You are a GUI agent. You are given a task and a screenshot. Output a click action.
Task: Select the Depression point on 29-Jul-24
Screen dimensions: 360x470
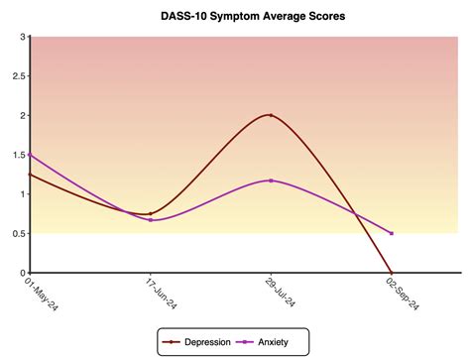point(271,115)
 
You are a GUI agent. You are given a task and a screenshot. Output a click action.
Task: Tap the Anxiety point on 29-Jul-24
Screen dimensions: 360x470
point(271,180)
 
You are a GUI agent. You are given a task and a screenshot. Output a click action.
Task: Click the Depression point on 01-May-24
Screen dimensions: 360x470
point(30,174)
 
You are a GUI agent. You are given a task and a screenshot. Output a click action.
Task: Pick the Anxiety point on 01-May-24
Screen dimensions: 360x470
point(30,155)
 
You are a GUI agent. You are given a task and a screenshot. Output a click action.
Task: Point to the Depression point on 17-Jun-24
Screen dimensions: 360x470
point(150,213)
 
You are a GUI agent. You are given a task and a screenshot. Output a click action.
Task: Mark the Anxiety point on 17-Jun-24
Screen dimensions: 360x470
point(150,219)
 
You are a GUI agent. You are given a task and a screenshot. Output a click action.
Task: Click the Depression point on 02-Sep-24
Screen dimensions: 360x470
point(392,272)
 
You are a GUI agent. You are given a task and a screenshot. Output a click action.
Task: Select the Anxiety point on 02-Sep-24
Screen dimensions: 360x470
point(392,233)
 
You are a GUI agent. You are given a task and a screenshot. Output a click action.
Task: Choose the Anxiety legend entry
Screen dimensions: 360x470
point(265,341)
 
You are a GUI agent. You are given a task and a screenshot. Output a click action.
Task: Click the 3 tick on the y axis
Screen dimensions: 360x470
point(22,37)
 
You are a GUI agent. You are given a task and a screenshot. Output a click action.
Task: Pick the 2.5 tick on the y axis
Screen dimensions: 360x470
point(18,75)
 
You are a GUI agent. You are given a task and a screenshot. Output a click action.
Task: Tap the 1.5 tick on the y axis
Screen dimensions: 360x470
point(18,155)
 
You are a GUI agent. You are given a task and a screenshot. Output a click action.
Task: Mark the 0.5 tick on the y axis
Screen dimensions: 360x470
point(18,233)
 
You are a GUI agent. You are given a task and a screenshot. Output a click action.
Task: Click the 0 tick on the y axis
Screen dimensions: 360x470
point(22,272)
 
